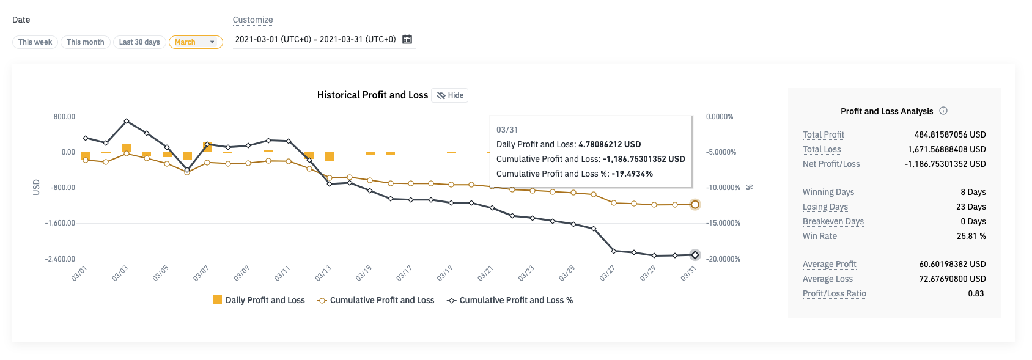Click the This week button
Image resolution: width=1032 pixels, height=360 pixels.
pos(35,42)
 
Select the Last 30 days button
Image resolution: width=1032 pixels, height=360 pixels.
pos(139,42)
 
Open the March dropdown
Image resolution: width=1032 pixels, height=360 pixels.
pos(196,42)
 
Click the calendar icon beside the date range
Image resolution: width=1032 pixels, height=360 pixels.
pos(407,39)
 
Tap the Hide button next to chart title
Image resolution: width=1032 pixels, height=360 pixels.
pos(450,95)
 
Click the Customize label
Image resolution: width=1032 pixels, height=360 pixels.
pos(252,20)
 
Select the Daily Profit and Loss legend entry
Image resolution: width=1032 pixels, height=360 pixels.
pos(259,300)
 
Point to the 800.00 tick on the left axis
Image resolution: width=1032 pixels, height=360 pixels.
pos(64,116)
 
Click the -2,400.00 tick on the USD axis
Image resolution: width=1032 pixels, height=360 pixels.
pos(60,259)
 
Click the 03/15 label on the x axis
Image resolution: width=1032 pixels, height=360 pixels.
pos(364,273)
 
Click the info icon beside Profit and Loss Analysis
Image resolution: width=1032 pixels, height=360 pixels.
pos(943,111)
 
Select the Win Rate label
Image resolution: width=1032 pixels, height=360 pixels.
pos(819,236)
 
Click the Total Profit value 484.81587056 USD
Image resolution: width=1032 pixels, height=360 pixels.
pos(950,134)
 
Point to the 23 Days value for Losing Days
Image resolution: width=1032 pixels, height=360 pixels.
pos(971,207)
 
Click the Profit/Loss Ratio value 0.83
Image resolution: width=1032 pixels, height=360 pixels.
pos(976,293)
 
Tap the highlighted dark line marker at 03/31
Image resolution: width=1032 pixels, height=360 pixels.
pos(695,255)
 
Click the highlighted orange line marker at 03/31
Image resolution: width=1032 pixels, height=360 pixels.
pos(695,205)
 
